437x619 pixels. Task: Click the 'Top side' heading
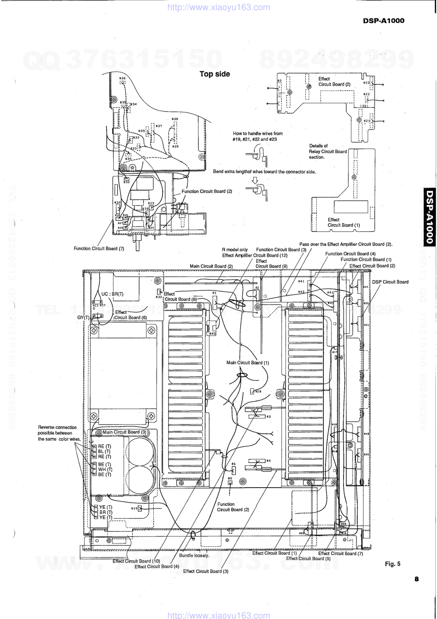pyautogui.click(x=215, y=74)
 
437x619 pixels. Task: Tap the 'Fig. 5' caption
pyautogui.click(x=393, y=563)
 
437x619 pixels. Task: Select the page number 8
pyautogui.click(x=416, y=579)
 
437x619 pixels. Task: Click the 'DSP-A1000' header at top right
pyautogui.click(x=383, y=20)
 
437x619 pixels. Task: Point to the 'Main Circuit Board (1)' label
pyautogui.click(x=248, y=363)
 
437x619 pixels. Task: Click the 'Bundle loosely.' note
pyautogui.click(x=194, y=556)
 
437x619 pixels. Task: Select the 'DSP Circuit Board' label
pyautogui.click(x=390, y=282)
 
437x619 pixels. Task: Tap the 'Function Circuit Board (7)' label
pyautogui.click(x=99, y=249)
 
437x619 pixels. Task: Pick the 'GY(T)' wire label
pyautogui.click(x=83, y=317)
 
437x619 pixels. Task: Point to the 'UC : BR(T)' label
pyautogui.click(x=112, y=294)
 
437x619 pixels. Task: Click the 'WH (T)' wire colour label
pyautogui.click(x=105, y=470)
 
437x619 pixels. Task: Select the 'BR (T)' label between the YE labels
pyautogui.click(x=106, y=512)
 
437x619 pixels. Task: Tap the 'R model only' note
pyautogui.click(x=235, y=250)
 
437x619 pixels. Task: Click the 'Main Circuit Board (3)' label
pyautogui.click(x=125, y=433)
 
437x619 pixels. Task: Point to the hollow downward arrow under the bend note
pyautogui.click(x=255, y=180)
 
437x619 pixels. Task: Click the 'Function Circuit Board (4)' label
pyautogui.click(x=350, y=254)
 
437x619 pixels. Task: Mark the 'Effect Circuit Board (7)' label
pyautogui.click(x=341, y=553)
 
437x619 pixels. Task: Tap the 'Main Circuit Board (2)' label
pyautogui.click(x=211, y=266)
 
